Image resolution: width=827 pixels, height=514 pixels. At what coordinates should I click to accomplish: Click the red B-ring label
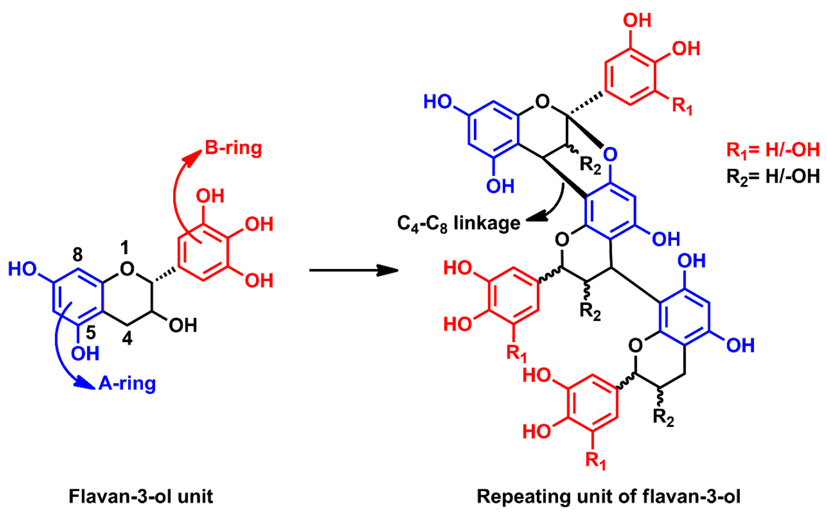point(233,147)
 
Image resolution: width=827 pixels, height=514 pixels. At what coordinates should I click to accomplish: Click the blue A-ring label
point(127,383)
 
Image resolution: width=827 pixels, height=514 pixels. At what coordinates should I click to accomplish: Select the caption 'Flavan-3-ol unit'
point(141,496)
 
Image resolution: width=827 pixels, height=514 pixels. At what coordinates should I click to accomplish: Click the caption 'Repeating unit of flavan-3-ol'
point(609,496)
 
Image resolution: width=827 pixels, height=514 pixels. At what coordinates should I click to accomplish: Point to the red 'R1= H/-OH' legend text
point(772,150)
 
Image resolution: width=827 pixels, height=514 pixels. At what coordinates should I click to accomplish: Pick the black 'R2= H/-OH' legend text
point(772,176)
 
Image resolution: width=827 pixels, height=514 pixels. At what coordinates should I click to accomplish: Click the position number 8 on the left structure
point(78,254)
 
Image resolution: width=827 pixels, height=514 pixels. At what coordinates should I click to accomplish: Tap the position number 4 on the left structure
point(128,340)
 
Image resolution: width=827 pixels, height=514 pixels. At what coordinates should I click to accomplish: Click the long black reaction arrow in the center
point(353,270)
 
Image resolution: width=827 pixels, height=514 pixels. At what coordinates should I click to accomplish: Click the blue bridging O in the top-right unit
point(610,155)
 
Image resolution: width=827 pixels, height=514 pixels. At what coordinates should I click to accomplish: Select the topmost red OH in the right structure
point(637,21)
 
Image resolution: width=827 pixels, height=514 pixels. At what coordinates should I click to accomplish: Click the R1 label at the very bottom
point(596,460)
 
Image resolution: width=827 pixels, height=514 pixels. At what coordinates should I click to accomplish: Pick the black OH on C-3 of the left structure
point(183,324)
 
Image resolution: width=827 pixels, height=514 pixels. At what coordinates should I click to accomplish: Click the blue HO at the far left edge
point(22,270)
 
